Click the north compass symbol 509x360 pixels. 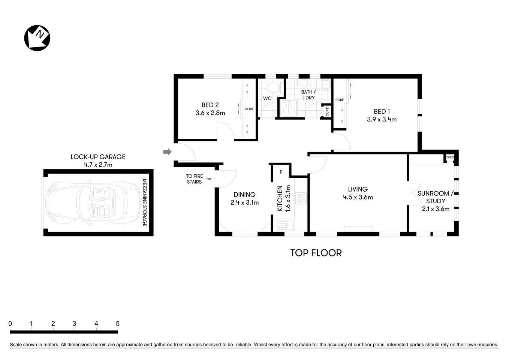pos(37,38)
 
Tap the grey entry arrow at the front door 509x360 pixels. pos(167,152)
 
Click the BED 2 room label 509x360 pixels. pos(210,105)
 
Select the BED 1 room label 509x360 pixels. pos(382,111)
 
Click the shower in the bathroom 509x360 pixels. pos(290,108)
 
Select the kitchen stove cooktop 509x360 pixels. pos(301,198)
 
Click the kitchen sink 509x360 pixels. pos(286,225)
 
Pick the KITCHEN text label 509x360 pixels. pos(280,198)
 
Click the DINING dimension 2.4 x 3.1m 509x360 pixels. pos(244,202)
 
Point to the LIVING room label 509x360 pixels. pos(358,189)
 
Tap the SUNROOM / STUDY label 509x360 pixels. pos(436,197)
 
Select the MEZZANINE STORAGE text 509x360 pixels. pos(145,202)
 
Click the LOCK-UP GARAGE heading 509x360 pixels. pos(98,157)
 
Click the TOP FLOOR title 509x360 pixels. pos(316,253)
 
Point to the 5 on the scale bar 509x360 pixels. pos(118,324)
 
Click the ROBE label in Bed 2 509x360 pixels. pos(249,109)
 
